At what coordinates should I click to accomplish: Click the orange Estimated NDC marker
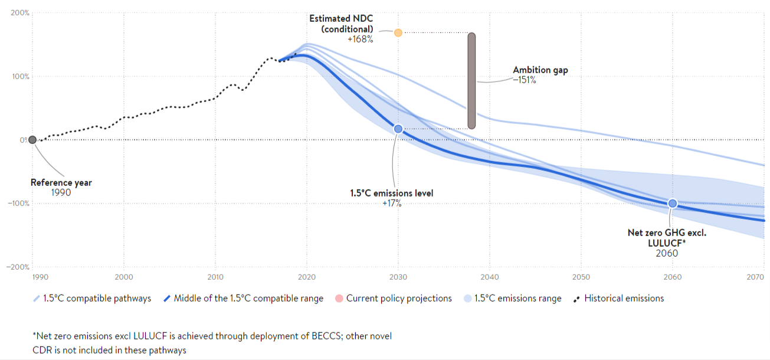[398, 32]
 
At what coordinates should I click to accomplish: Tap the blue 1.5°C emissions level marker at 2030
[398, 129]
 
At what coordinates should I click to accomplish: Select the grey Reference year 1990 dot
[32, 140]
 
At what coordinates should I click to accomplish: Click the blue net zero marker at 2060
[672, 204]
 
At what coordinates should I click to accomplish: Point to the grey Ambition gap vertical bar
[471, 80]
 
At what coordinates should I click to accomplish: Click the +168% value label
[360, 40]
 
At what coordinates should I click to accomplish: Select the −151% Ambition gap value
[524, 80]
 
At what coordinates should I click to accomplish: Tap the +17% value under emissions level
[392, 203]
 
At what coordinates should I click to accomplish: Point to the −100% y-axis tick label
[18, 203]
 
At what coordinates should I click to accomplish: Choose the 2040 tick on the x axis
[489, 276]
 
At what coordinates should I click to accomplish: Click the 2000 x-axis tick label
[123, 276]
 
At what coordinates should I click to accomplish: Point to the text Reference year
[61, 183]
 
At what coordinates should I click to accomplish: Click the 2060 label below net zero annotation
[667, 253]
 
